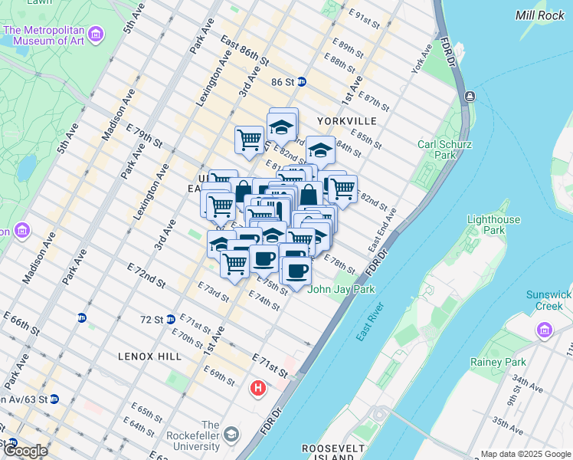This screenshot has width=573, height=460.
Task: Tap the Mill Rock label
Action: coord(539,15)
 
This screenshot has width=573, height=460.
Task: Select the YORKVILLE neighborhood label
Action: coord(346,121)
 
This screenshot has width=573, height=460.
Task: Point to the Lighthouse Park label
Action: coord(493,225)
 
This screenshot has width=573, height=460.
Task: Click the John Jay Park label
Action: coord(342,290)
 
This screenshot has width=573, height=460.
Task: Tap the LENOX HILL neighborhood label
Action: coord(149,356)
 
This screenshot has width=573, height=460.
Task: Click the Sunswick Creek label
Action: coord(549,301)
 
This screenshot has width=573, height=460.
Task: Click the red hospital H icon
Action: coord(258,389)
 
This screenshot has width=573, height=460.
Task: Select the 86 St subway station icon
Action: coord(302,82)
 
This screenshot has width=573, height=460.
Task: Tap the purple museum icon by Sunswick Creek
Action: coord(545,330)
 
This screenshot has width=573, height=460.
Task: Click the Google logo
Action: coord(25,450)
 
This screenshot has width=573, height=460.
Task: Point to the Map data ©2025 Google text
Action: coord(525,454)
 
